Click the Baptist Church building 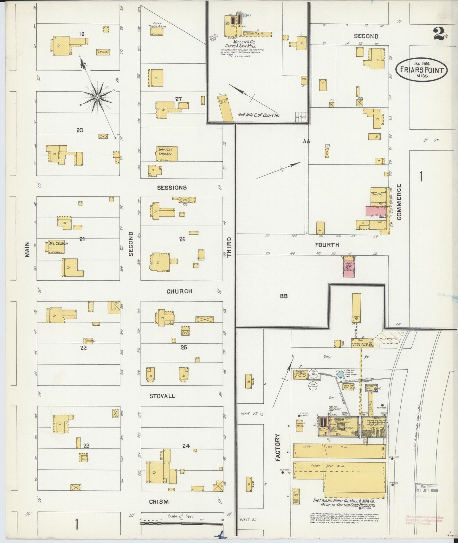[166, 153]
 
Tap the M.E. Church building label [56, 244]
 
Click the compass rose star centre [98, 97]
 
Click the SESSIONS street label [172, 188]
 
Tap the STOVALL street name [162, 396]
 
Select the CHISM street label [158, 502]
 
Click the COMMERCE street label [399, 202]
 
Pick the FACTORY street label [278, 447]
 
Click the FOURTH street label [327, 245]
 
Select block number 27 [178, 99]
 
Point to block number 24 [186, 446]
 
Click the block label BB [283, 296]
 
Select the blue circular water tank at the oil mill [340, 374]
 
